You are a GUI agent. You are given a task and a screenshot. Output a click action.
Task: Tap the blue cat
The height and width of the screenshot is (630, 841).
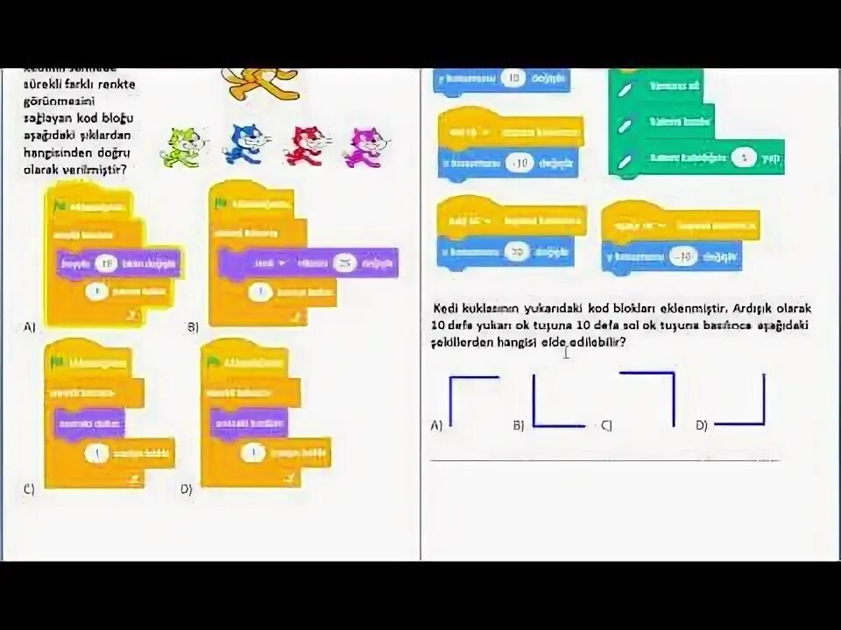point(246,144)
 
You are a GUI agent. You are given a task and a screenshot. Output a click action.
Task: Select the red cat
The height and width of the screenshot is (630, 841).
point(307,145)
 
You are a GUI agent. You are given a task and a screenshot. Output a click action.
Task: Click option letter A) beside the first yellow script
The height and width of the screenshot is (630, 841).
point(30,327)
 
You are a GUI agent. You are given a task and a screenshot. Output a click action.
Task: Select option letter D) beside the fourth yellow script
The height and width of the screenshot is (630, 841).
point(187,489)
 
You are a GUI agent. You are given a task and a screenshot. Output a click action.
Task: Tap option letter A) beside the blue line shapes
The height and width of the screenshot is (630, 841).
point(436,425)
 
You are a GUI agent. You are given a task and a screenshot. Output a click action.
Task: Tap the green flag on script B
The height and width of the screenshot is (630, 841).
point(221,204)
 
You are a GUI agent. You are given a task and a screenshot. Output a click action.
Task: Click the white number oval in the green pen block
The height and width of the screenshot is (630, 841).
point(744,159)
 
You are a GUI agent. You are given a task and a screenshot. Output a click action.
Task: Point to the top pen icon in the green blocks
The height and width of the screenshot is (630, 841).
point(625,90)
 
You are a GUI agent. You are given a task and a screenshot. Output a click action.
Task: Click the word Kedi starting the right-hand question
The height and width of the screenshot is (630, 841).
point(447,309)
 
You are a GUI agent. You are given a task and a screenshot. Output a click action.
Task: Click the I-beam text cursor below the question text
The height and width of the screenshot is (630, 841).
point(567,353)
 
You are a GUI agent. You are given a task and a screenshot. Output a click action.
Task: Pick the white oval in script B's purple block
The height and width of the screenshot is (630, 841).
point(345,263)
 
